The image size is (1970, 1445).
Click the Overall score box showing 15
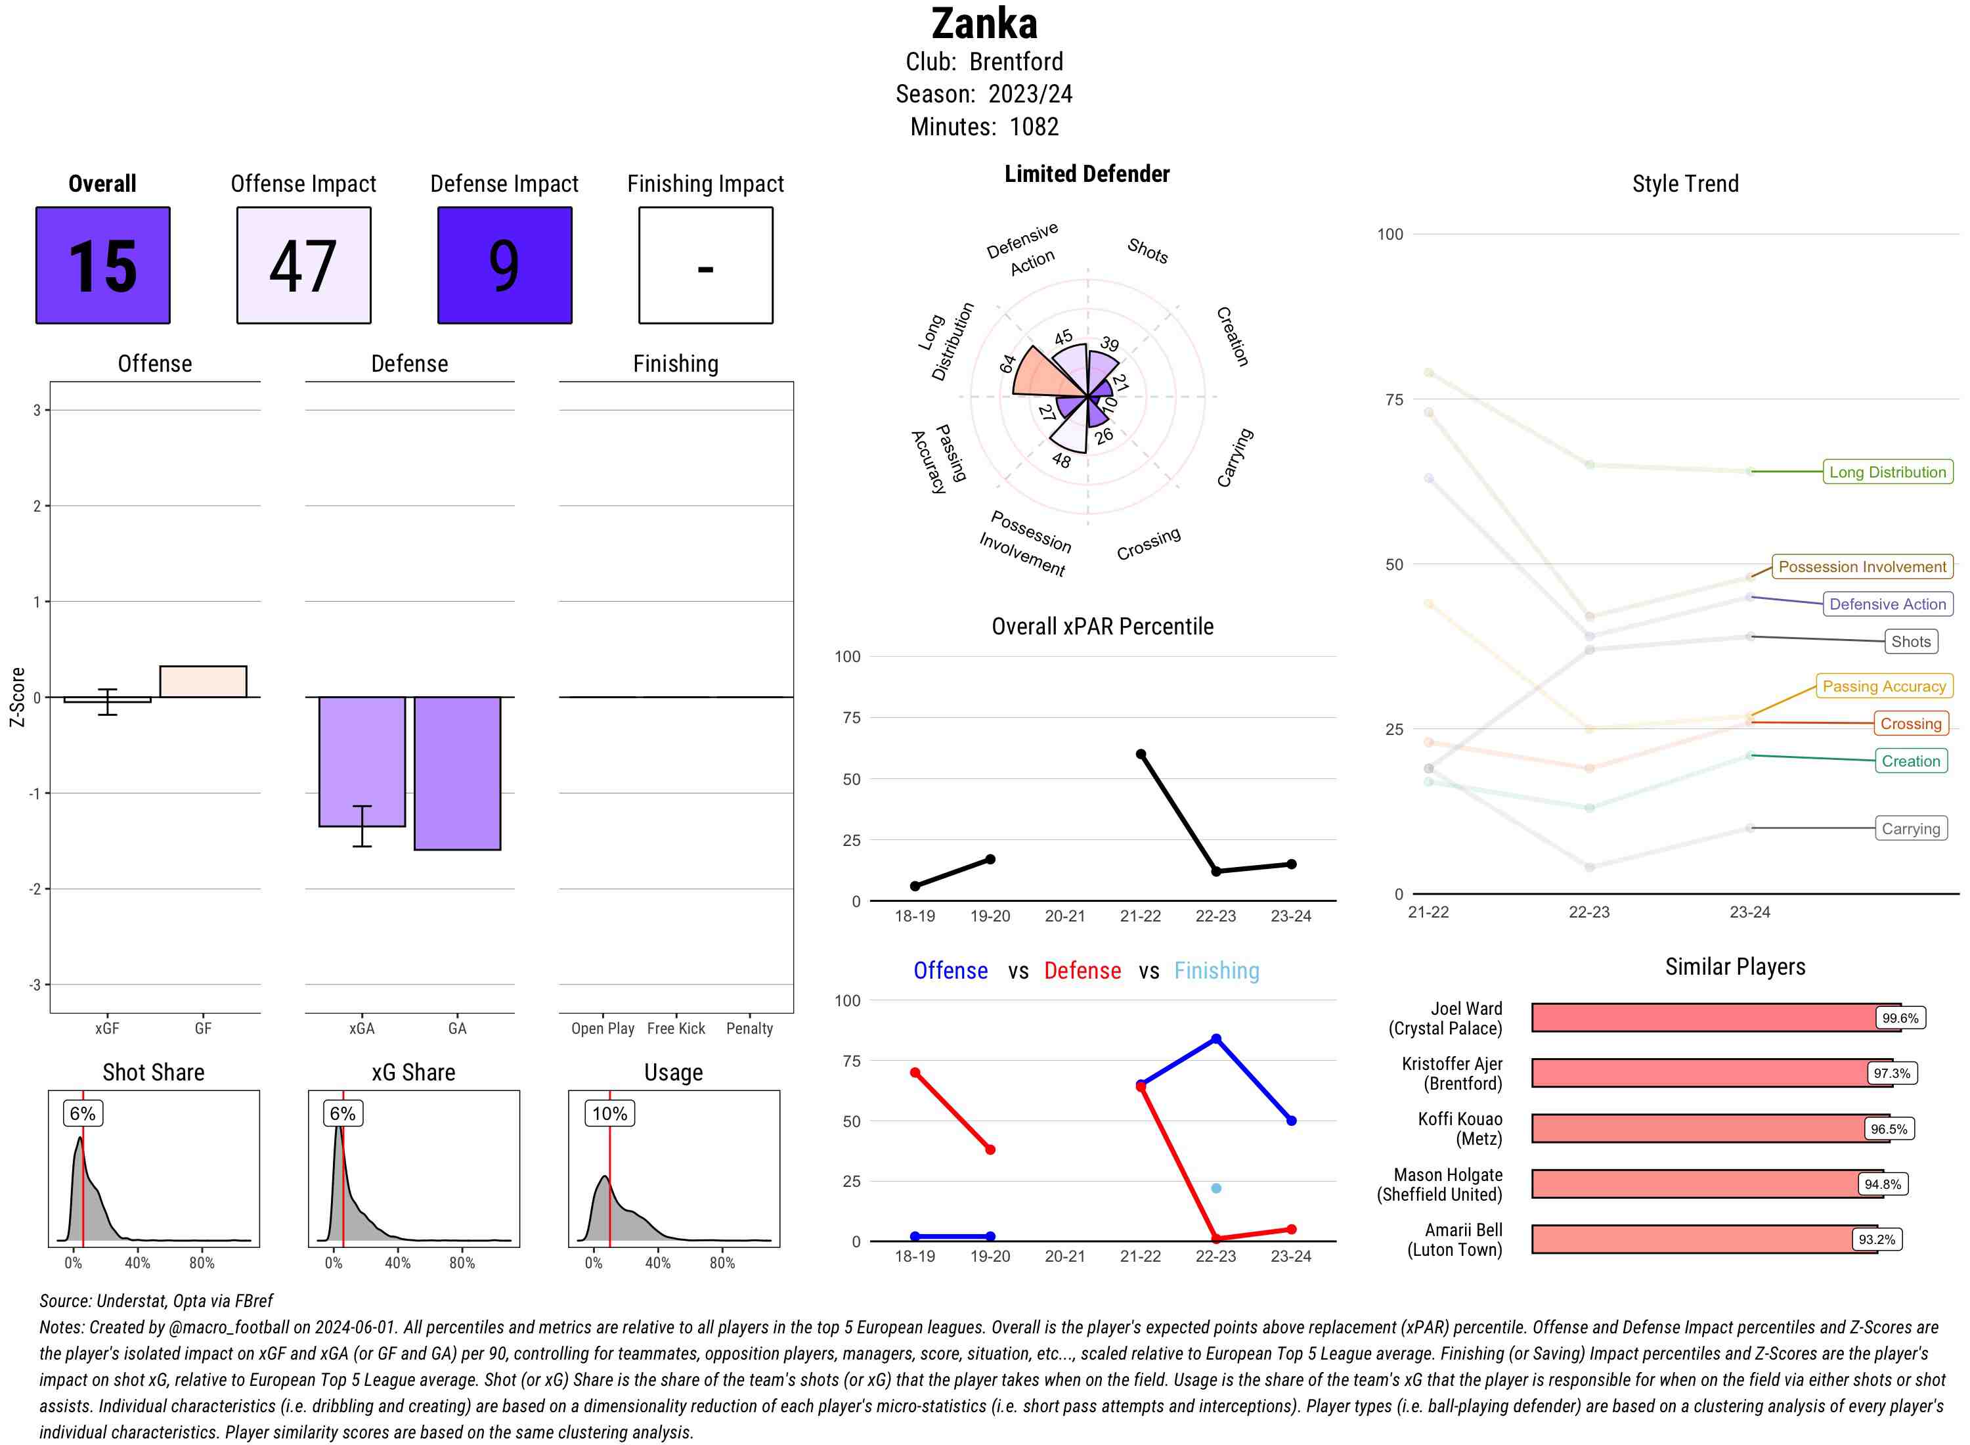coord(103,265)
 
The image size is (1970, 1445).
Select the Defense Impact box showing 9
coord(504,265)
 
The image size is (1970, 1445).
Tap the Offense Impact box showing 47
coord(303,265)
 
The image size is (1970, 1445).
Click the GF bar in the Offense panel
coord(203,681)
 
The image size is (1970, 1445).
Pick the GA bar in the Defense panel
coord(457,773)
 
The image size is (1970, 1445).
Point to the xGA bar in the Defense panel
coord(362,761)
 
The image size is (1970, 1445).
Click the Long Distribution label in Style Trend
coord(1887,472)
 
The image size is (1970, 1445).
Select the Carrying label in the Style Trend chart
coord(1910,828)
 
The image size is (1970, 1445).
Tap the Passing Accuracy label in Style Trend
coord(1883,686)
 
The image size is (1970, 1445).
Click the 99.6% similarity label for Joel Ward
coord(1900,1018)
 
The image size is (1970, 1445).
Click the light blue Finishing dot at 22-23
coord(1216,1188)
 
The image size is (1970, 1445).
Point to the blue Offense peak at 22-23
coord(1216,1039)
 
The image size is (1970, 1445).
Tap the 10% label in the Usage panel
coord(609,1113)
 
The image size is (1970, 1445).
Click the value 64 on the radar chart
coord(1008,363)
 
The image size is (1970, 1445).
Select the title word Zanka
coord(984,24)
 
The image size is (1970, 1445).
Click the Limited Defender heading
coord(1087,174)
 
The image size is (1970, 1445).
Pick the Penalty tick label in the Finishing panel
coord(749,1029)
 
